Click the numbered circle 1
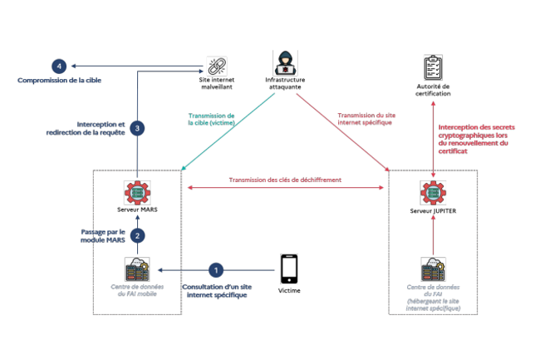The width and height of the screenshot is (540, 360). click(216, 270)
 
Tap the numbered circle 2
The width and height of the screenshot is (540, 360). click(137, 235)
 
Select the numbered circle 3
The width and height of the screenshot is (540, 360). click(137, 128)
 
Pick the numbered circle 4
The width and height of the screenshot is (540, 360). click(57, 66)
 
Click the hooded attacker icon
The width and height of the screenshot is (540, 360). click(283, 63)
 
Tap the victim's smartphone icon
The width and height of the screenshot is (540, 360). click(289, 268)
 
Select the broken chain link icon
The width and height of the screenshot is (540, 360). click(217, 65)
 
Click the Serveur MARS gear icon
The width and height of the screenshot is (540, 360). click(138, 190)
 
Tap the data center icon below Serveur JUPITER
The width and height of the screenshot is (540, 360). click(433, 269)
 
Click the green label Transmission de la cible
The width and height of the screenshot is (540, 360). click(212, 120)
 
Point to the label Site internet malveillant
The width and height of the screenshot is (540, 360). click(217, 83)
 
